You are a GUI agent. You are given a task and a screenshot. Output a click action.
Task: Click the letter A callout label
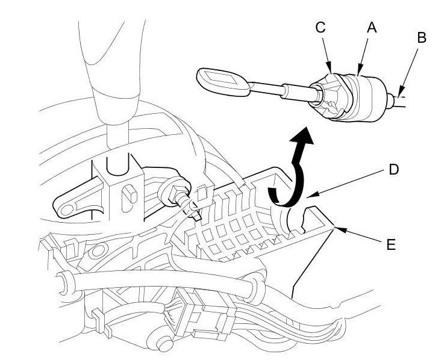(x=372, y=27)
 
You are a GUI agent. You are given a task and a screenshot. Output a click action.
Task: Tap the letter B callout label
(x=421, y=37)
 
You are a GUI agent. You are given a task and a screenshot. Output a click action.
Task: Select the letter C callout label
(x=320, y=27)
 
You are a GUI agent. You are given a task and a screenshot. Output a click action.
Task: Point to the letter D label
(x=393, y=170)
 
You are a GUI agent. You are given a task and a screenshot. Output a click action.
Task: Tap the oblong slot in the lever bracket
(x=128, y=197)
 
